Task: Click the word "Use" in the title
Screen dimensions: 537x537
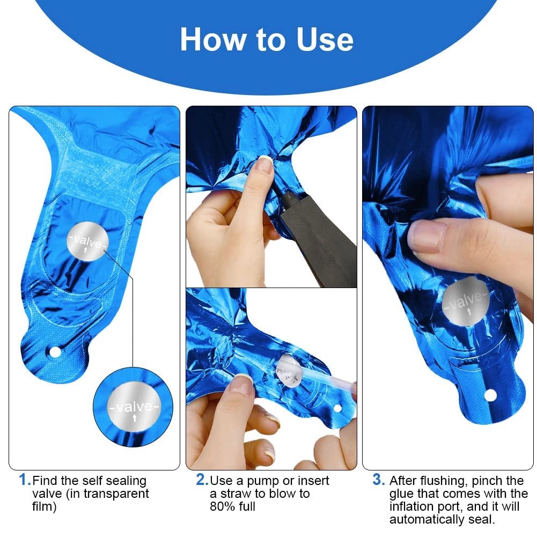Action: (x=325, y=40)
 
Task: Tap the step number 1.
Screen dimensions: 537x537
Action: (x=24, y=480)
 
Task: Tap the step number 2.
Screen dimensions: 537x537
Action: (x=202, y=480)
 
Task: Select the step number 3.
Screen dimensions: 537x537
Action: (x=378, y=480)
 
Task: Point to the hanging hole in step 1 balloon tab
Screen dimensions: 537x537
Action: (x=55, y=352)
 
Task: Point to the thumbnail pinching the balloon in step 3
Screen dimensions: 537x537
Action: (x=427, y=236)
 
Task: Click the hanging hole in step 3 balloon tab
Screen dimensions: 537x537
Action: (x=490, y=395)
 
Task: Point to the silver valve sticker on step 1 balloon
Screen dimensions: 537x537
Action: (x=87, y=241)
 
